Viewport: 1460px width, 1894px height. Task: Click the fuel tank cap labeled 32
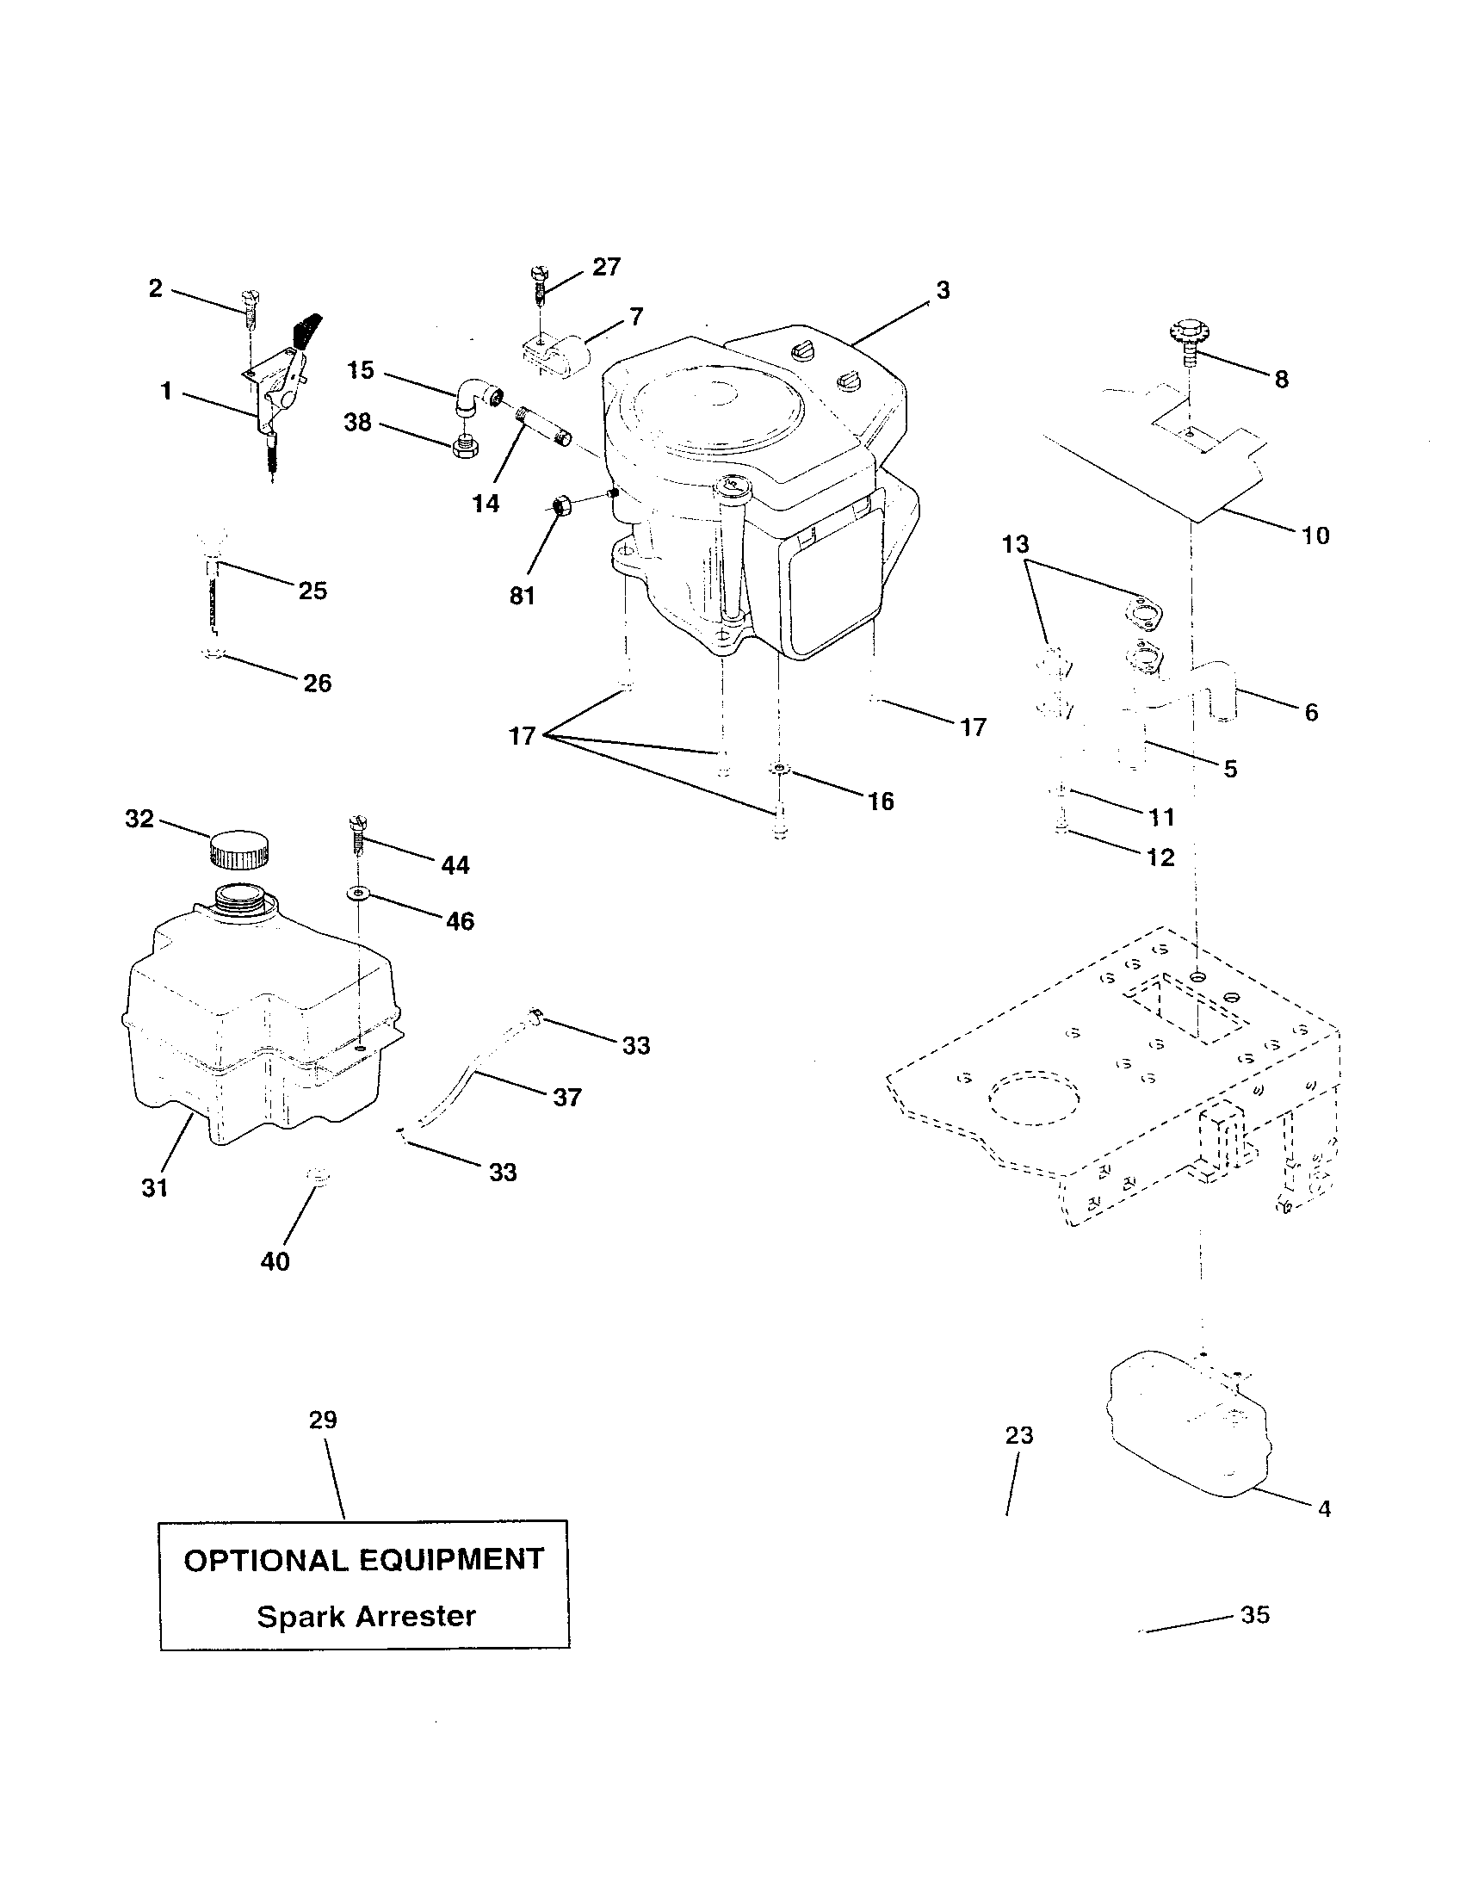(x=237, y=848)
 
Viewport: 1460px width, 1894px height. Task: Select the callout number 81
(x=522, y=597)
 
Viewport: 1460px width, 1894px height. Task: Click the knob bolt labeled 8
(x=1189, y=341)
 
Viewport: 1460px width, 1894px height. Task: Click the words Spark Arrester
(x=366, y=1617)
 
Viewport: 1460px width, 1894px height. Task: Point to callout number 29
(x=323, y=1420)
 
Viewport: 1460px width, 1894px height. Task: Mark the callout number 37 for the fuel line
(x=567, y=1097)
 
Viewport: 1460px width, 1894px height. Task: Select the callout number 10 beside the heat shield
(x=1315, y=535)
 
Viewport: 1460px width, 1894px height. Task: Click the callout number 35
(x=1254, y=1615)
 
